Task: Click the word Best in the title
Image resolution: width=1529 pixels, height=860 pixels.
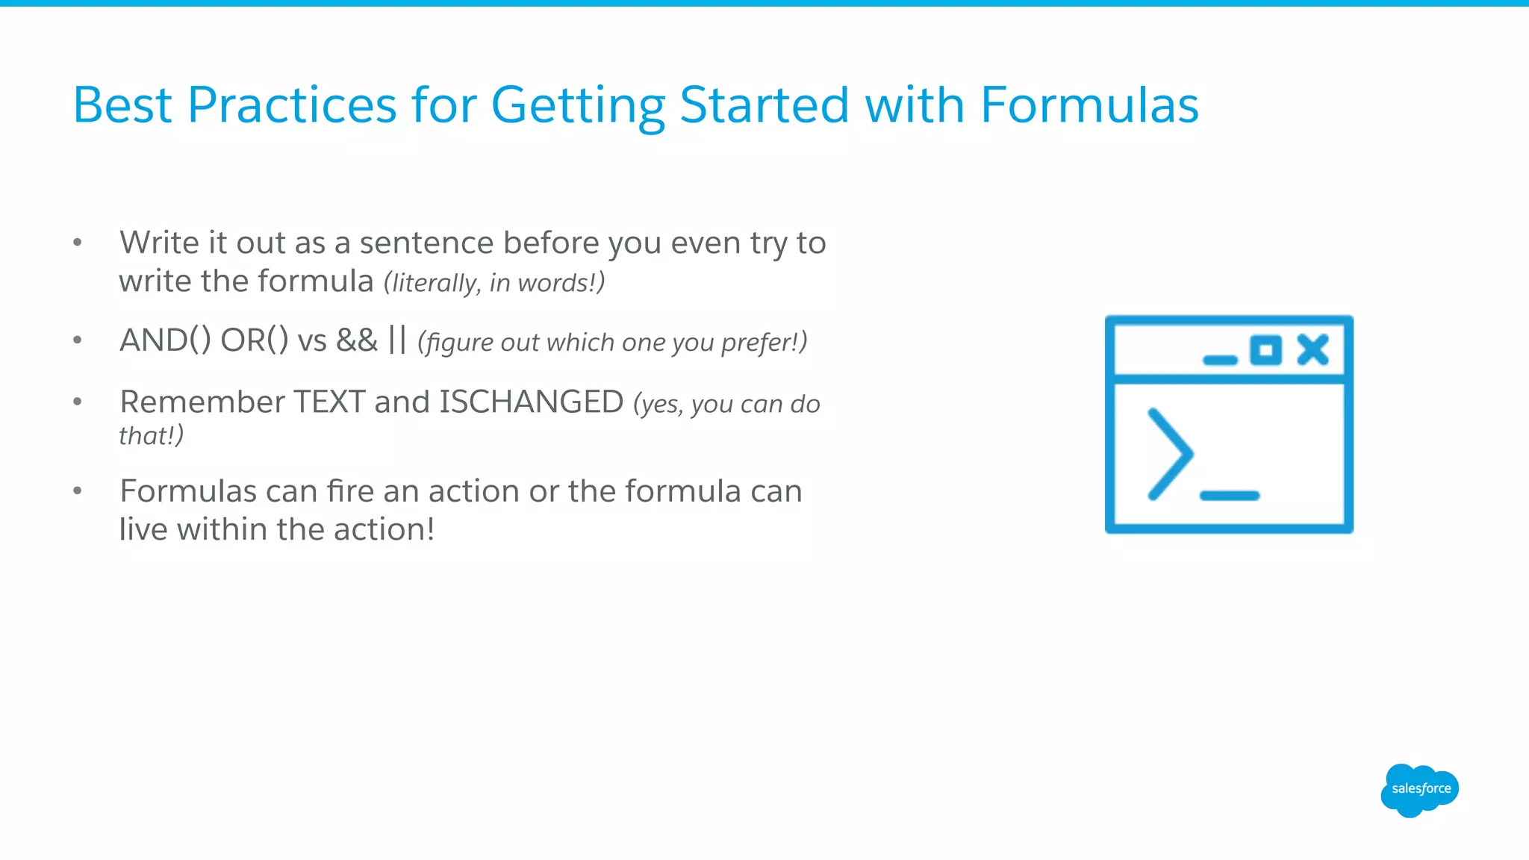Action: (122, 105)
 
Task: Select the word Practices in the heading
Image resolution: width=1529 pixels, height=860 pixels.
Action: (291, 105)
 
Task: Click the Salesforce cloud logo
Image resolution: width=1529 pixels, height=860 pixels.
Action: (1419, 790)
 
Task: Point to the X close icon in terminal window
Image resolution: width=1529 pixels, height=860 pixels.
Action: (1312, 349)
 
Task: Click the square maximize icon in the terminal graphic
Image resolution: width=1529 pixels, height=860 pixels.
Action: (1265, 350)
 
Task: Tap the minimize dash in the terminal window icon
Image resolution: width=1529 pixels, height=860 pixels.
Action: (1220, 360)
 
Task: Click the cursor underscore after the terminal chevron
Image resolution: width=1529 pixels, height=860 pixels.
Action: (1229, 496)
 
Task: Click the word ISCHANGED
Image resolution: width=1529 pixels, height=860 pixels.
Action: (531, 402)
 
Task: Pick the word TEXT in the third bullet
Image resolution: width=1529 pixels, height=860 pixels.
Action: (328, 402)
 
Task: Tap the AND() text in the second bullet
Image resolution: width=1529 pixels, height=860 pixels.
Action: (165, 340)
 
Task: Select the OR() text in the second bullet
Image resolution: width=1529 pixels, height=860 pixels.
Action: (254, 340)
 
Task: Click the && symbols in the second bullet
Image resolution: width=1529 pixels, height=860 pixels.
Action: (357, 340)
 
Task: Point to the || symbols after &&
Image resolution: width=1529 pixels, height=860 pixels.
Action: (397, 340)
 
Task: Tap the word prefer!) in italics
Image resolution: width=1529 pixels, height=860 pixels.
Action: (764, 342)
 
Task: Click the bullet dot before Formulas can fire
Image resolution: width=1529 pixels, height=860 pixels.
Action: (77, 490)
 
